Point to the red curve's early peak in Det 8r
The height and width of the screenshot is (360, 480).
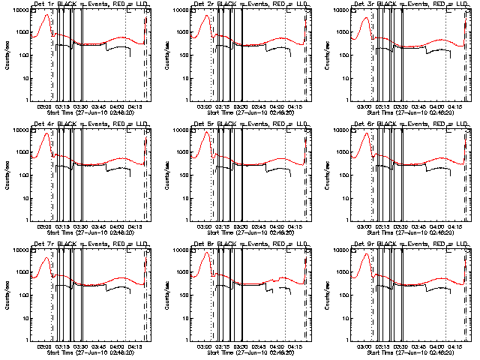(206, 253)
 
